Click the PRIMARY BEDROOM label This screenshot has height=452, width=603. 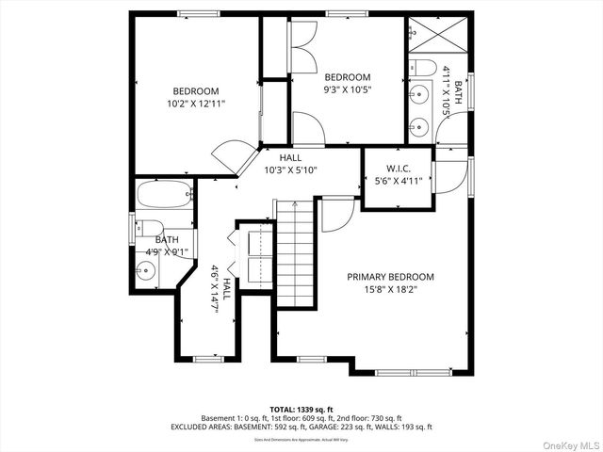click(390, 277)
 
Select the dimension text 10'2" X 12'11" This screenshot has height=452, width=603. click(196, 104)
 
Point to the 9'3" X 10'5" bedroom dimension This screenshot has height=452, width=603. click(348, 90)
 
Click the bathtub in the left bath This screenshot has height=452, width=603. click(165, 197)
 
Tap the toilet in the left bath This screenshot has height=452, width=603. click(146, 228)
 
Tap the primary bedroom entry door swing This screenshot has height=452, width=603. click(334, 215)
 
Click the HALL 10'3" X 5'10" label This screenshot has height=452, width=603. click(290, 164)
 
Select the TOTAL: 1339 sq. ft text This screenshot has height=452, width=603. click(301, 410)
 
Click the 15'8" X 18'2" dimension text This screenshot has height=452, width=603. click(390, 290)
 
